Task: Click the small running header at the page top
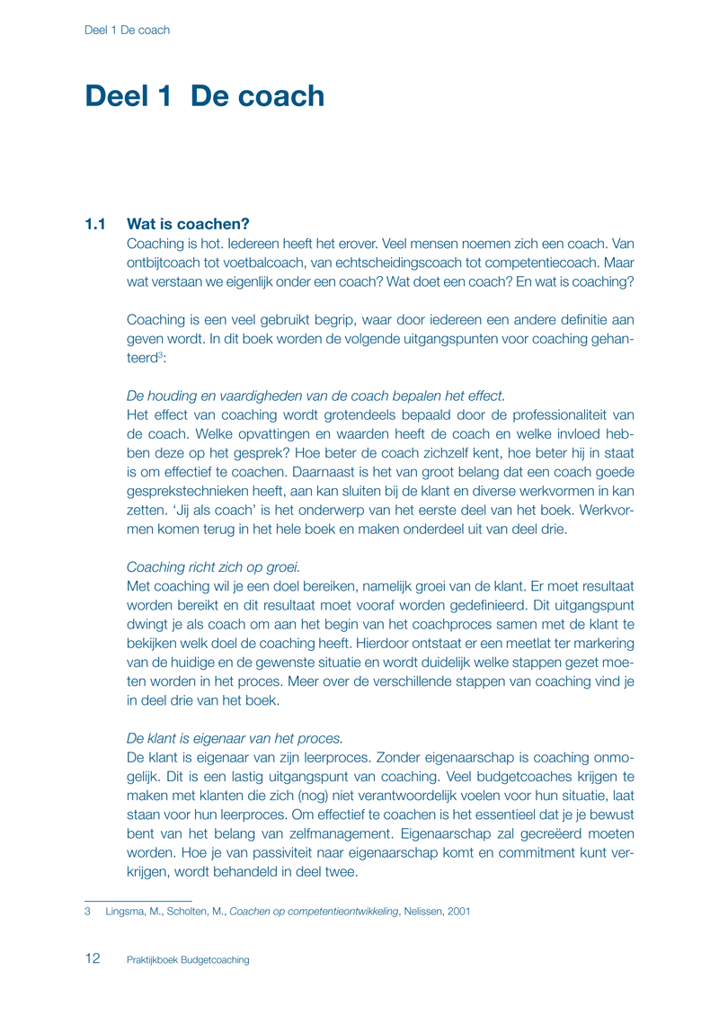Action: point(127,30)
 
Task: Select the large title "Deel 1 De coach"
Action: point(204,96)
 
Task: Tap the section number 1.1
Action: point(96,224)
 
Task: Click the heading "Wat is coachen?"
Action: point(189,224)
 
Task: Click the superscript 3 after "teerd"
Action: point(160,354)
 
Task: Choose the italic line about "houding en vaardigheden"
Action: point(315,396)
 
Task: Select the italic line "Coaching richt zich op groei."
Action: point(214,566)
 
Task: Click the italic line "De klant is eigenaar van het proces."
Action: point(235,738)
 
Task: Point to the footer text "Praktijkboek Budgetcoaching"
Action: point(188,959)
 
